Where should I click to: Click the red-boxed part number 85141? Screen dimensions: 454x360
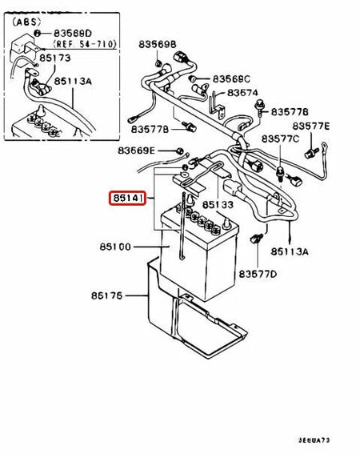click(x=127, y=197)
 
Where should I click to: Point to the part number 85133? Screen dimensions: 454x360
click(x=218, y=204)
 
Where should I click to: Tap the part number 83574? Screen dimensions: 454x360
click(x=242, y=93)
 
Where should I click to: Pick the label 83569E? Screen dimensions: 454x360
click(x=136, y=151)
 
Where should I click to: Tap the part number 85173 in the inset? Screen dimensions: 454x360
click(x=74, y=58)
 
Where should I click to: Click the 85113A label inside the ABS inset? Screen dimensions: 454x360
click(x=73, y=81)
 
